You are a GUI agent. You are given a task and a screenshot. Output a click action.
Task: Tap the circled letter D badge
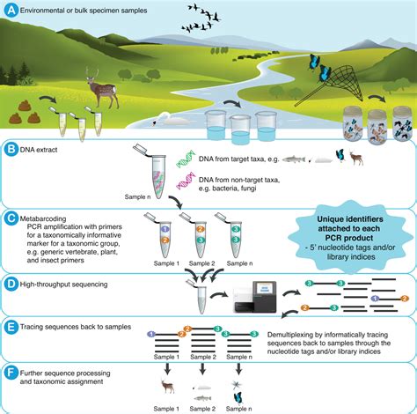[11, 284]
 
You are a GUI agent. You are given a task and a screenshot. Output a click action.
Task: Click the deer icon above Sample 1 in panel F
[164, 385]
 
